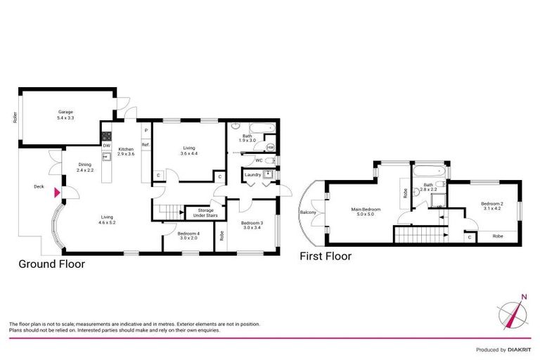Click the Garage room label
click(x=65, y=115)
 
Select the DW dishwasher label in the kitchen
click(x=106, y=146)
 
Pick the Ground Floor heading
click(x=51, y=264)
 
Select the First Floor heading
click(x=326, y=256)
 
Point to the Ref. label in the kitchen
click(x=146, y=145)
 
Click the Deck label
click(x=39, y=187)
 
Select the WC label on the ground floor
click(x=259, y=160)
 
